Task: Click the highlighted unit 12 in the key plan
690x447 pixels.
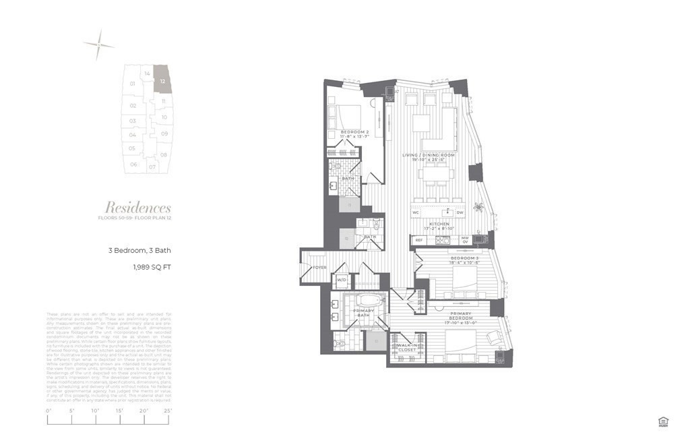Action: [x=162, y=80]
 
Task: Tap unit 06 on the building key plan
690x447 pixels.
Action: [x=133, y=165]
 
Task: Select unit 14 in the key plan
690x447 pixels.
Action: [x=146, y=73]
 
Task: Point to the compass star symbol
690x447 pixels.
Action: [x=98, y=45]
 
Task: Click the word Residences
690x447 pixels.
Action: [x=138, y=208]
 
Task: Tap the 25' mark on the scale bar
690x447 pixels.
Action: [x=168, y=411]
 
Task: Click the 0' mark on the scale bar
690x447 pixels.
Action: [x=49, y=411]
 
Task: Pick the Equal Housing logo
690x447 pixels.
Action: [x=663, y=422]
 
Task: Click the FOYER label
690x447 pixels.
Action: [x=319, y=268]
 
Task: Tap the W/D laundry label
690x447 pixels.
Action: [x=341, y=280]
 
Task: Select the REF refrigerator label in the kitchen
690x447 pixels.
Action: [x=418, y=239]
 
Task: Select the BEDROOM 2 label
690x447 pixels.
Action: [x=354, y=131]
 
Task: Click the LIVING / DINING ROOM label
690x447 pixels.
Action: [x=429, y=155]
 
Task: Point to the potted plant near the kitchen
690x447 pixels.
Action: [x=479, y=208]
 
